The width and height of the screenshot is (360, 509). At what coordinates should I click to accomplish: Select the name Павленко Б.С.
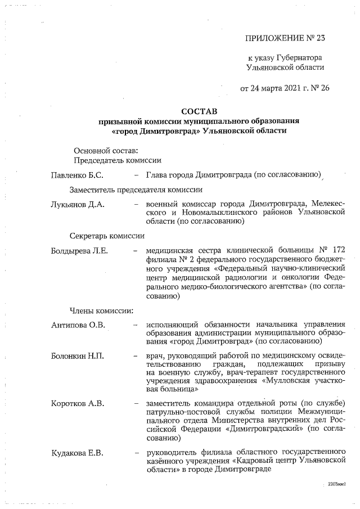pos(76,175)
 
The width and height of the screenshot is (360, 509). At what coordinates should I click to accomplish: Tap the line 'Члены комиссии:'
pos(101,309)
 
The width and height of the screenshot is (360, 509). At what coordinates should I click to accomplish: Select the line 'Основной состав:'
pos(102,150)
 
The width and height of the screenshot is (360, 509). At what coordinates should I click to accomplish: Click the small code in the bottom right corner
pos(336,483)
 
